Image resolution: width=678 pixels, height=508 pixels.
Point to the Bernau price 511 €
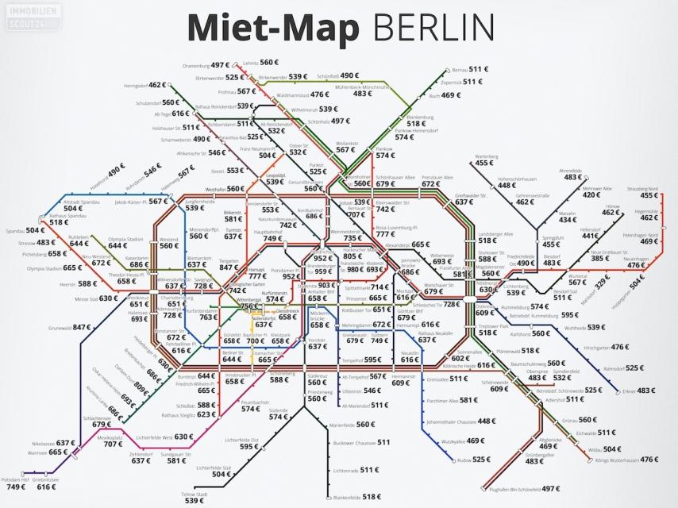point(480,69)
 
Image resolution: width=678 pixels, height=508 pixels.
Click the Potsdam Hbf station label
point(14,479)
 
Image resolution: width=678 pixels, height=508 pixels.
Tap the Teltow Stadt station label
point(195,494)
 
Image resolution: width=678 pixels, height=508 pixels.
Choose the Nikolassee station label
point(43,443)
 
